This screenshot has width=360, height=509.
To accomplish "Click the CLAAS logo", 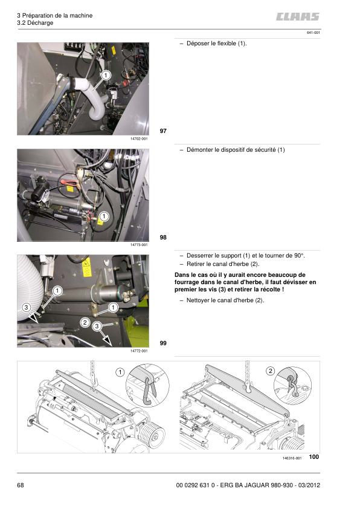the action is click(298, 16).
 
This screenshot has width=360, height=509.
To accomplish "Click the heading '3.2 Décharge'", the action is click(35, 23).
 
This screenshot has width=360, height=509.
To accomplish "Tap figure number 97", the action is click(163, 131).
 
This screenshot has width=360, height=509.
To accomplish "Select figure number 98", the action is click(163, 238).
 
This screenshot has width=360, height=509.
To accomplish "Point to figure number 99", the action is click(163, 343).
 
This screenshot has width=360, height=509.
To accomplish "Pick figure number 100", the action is click(314, 457).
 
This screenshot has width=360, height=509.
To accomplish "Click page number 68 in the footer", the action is click(21, 485).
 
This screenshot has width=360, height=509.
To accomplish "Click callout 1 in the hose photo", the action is click(106, 76).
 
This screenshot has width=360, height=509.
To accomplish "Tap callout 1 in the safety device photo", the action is click(104, 216).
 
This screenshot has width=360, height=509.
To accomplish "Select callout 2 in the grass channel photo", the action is click(85, 322).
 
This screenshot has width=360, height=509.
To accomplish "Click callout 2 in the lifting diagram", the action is click(271, 371).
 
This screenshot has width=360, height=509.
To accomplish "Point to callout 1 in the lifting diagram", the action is click(120, 372).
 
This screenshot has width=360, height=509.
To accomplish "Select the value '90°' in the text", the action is click(299, 256).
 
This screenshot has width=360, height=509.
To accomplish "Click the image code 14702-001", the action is click(139, 138).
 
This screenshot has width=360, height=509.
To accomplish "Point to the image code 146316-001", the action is click(292, 458).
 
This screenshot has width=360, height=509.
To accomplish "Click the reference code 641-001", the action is click(313, 33).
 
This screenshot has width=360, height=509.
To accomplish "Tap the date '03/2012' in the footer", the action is click(309, 485).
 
